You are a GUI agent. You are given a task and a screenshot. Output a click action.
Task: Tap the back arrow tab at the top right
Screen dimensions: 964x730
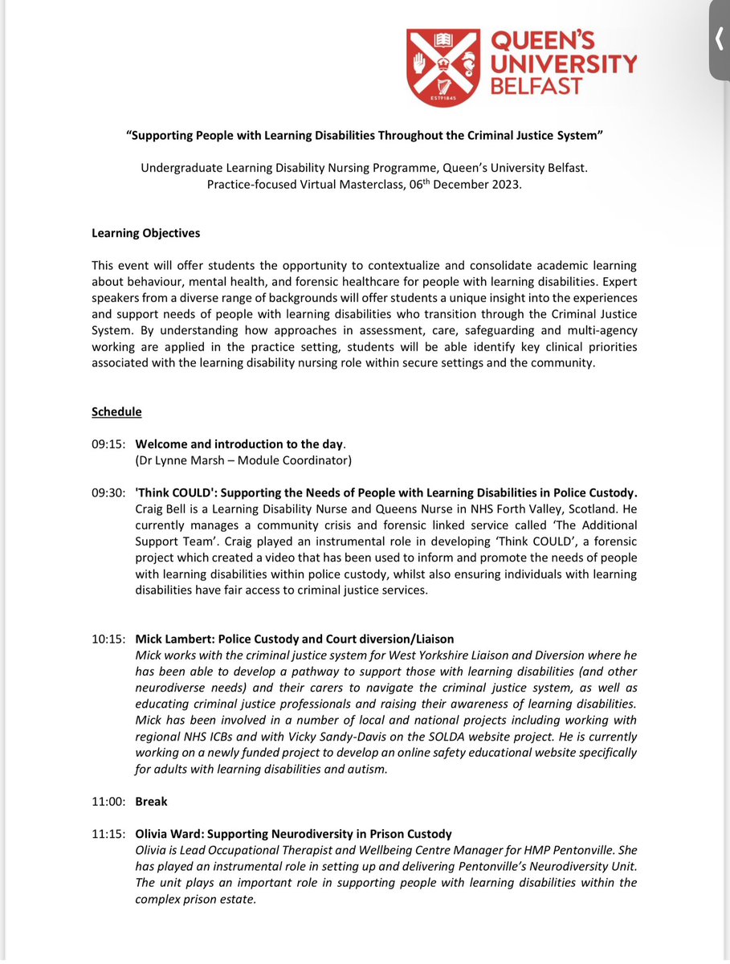point(720,39)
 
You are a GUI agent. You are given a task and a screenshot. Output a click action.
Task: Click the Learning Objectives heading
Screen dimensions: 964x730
point(145,234)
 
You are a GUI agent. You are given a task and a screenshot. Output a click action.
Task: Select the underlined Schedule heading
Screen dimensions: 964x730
point(116,411)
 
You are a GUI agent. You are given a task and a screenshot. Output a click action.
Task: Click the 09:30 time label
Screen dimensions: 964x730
point(108,492)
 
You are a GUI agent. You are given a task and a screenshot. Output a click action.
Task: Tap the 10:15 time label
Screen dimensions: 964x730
point(108,639)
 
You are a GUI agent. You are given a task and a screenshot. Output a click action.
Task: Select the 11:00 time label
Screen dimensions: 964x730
point(108,801)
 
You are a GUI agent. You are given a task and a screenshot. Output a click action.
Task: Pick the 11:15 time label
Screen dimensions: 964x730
point(108,834)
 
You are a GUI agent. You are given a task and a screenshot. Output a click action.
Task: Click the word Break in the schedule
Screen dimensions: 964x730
point(151,801)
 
